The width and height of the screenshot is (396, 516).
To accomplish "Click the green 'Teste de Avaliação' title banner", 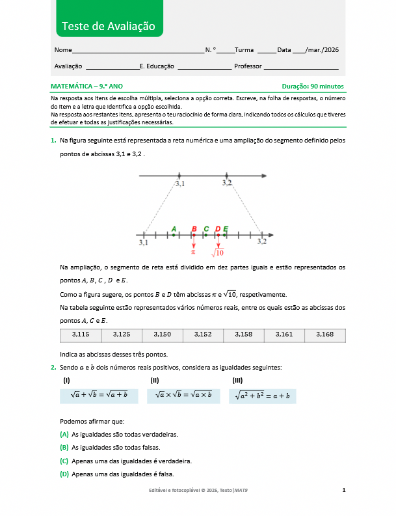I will pos(109,26).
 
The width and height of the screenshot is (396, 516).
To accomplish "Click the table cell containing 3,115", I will pos(81,334).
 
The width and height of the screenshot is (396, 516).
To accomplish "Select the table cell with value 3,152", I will pos(203,334).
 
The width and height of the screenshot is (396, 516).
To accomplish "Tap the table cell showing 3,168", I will pos(324,334).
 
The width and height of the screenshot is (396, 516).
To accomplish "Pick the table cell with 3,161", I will pos(284,334).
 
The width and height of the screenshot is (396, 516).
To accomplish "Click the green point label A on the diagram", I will pos(174,228).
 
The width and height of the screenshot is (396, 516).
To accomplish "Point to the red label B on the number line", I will pos(194,228).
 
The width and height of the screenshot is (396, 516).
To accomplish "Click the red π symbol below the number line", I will pos(193,251).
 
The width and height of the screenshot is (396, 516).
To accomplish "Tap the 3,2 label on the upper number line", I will pos(226,183).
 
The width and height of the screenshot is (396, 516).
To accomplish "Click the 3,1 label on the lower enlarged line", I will pos(143,242).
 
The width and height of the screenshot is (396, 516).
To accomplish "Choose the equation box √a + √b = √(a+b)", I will pos(99,396).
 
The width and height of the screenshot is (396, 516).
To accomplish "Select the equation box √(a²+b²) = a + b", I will pos(263,396).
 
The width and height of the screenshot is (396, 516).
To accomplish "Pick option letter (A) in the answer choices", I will pos(64,434).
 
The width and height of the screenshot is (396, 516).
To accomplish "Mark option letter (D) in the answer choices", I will pos(64,474).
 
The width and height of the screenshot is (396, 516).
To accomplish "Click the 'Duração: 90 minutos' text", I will pos(313,86).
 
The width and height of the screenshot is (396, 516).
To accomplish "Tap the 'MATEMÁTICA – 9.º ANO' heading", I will pos(86,86).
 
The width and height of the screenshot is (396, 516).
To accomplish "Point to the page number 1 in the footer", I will pos(343,489).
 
